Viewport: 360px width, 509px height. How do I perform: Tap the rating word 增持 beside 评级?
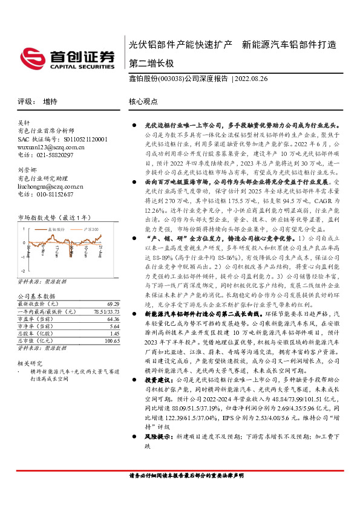click(50, 102)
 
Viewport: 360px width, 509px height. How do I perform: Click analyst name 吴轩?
click(24, 123)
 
